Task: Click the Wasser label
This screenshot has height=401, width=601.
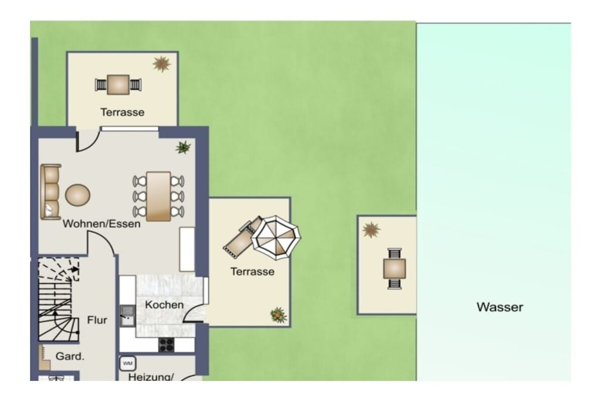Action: [500, 307]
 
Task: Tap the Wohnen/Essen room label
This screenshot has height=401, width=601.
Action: [102, 224]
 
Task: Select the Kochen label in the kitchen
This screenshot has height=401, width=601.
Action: [164, 305]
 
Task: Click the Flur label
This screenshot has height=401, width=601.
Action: [97, 320]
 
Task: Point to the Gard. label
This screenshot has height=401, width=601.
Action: [70, 356]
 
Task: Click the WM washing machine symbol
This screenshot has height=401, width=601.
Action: [127, 363]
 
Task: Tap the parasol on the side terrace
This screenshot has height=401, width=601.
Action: [276, 237]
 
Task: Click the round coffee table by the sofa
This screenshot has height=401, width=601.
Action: [78, 195]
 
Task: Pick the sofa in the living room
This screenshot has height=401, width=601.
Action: [50, 191]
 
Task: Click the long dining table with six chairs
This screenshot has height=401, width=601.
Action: [158, 196]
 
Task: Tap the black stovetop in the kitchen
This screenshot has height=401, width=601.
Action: [166, 345]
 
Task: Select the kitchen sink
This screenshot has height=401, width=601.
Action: [127, 315]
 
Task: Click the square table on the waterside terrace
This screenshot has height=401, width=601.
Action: [394, 268]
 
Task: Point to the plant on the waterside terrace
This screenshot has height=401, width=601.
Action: [371, 230]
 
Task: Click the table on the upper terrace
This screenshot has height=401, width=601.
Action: [118, 85]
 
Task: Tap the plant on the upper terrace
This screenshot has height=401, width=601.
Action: [162, 64]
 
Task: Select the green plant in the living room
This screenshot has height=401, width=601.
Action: [183, 147]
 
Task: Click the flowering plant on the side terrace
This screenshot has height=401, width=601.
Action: [279, 315]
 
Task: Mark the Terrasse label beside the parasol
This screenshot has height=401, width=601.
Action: [252, 271]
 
